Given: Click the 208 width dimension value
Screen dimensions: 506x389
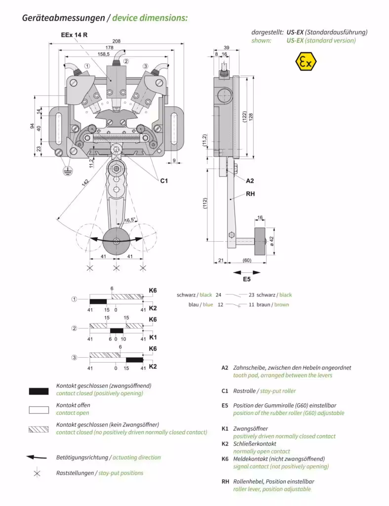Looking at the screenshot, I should (116, 41).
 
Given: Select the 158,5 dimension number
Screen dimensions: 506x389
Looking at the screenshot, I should (104, 54).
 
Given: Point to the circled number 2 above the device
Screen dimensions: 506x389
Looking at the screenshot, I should (126, 61).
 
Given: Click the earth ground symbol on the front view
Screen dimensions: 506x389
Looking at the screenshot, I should (65, 170).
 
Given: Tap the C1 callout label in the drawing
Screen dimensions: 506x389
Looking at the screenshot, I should (164, 181).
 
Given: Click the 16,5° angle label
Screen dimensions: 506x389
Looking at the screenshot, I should (130, 220).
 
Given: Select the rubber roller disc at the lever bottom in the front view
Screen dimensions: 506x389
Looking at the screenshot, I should (116, 241).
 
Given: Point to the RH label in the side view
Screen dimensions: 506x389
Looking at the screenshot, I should (251, 194).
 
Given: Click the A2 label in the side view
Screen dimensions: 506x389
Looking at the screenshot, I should (250, 181).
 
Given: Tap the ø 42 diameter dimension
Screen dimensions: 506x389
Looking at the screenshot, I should (272, 241).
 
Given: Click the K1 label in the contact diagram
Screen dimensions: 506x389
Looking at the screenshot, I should (153, 337).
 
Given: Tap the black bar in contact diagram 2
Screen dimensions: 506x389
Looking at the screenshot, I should (117, 331).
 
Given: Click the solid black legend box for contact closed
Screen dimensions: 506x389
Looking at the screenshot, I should (39, 391).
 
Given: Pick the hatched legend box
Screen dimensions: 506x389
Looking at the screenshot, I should (39, 429).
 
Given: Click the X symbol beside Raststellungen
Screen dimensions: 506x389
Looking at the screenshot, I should (37, 473).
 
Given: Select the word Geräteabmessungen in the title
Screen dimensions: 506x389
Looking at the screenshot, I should (64, 18).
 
